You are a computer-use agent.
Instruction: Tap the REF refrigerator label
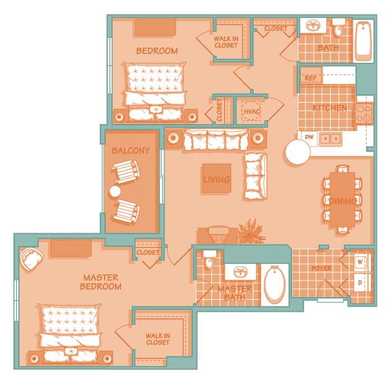click(x=310, y=78)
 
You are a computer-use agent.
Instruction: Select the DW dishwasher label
click(x=309, y=137)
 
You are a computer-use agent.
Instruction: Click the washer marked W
click(x=361, y=262)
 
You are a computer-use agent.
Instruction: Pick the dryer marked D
click(x=361, y=283)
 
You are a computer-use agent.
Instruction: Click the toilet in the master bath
click(x=209, y=260)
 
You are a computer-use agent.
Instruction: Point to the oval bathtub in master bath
click(x=275, y=285)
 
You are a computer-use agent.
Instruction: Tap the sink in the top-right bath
click(x=313, y=26)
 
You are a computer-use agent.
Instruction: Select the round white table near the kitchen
click(x=298, y=152)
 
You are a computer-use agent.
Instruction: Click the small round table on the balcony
click(x=115, y=191)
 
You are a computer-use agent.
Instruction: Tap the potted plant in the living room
click(x=251, y=231)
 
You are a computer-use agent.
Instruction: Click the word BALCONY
click(x=130, y=151)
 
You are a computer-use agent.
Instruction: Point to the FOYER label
click(x=321, y=269)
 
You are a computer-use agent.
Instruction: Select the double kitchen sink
click(x=330, y=138)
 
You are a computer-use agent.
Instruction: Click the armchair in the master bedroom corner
click(x=31, y=259)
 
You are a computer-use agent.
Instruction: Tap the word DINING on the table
click(x=343, y=201)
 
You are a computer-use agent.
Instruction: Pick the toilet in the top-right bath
click(x=339, y=27)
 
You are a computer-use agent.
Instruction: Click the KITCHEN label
click(x=330, y=108)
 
